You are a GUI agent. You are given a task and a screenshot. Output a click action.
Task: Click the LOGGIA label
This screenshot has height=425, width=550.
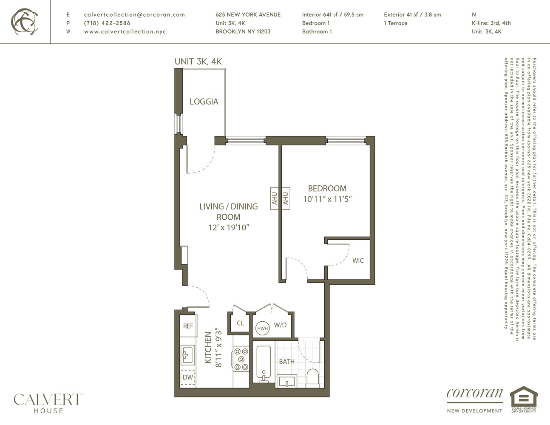click(204, 102)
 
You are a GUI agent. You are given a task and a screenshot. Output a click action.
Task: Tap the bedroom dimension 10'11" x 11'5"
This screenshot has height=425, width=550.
click(327, 199)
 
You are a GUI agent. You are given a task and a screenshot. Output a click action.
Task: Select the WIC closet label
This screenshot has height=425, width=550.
click(358, 261)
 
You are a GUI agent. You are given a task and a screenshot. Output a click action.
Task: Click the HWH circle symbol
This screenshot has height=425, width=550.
click(262, 329)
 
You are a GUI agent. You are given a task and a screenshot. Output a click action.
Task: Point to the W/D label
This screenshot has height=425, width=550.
click(280, 325)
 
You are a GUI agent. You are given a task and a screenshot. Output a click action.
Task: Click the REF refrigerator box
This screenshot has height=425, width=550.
click(188, 326)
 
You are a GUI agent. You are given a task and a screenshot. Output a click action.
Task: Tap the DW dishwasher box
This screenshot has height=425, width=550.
click(187, 377)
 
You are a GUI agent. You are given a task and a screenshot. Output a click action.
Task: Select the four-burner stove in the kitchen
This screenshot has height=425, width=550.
click(241, 359)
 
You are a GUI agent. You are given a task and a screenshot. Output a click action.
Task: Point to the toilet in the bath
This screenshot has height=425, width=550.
click(312, 377)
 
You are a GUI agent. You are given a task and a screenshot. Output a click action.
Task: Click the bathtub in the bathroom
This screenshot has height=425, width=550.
click(264, 364)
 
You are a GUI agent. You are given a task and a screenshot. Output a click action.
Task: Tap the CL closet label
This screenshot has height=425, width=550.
click(241, 323)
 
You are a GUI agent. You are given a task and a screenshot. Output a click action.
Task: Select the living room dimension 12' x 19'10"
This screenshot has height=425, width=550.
click(229, 227)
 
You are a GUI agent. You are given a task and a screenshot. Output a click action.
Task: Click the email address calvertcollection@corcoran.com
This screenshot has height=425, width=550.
click(134, 14)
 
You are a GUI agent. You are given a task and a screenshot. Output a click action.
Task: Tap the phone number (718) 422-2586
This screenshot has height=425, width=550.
click(107, 23)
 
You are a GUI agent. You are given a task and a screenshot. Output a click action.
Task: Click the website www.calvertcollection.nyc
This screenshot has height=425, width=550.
click(125, 31)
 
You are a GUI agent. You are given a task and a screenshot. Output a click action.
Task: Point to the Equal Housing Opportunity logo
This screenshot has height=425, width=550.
click(523, 399)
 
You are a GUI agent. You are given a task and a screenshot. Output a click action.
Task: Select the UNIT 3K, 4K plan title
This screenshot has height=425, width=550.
click(198, 61)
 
